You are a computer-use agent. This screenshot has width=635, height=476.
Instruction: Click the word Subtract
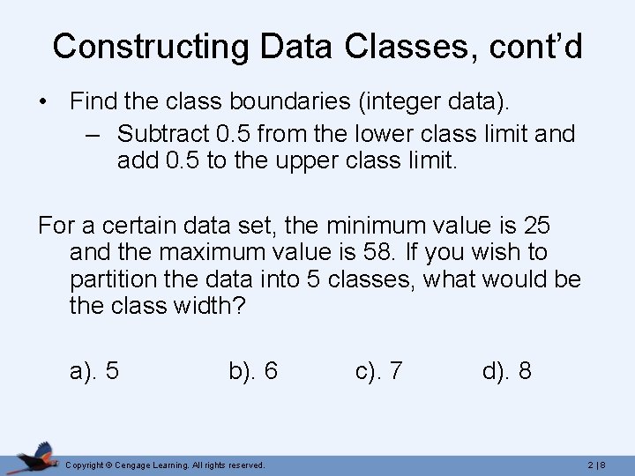tap(162, 134)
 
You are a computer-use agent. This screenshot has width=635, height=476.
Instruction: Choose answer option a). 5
tap(94, 371)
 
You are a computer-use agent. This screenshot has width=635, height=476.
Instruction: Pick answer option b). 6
tap(253, 371)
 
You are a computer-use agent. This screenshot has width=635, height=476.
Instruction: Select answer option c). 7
tap(379, 371)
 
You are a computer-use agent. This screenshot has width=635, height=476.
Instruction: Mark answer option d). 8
tap(506, 371)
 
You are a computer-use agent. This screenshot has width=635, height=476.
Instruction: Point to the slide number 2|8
tap(595, 465)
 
